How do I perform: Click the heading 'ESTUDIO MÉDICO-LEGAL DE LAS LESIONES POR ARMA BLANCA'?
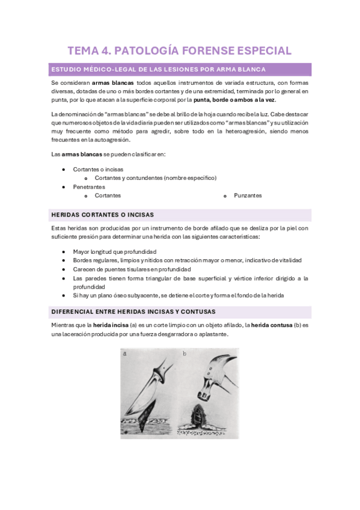point(159,69)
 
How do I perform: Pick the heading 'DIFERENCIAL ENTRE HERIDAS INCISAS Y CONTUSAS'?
point(134,311)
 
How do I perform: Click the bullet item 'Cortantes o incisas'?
point(98,169)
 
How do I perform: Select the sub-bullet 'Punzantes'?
point(248,195)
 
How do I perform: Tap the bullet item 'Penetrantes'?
point(89,187)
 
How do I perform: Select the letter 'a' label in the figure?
point(125,354)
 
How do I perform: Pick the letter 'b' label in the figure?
point(184,354)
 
